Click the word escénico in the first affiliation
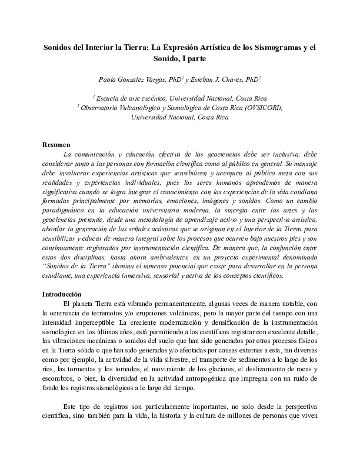pos(152,98)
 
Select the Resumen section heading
pos(56,145)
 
